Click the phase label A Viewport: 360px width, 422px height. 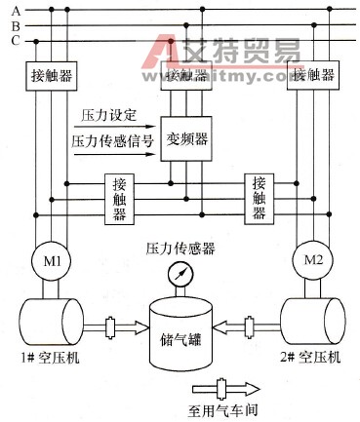[16, 9]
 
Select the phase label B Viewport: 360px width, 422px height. [16, 24]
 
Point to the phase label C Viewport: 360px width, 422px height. [16, 41]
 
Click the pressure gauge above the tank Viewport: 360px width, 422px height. [180, 275]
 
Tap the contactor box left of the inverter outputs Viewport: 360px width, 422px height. [119, 199]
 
